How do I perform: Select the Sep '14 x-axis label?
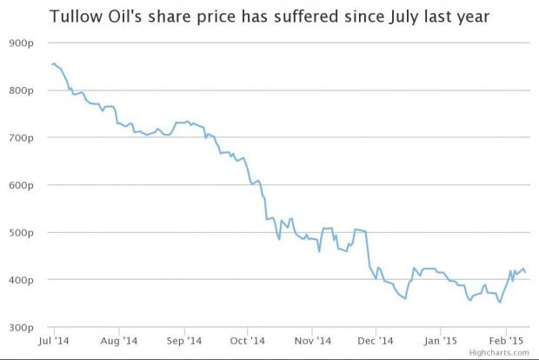(x=184, y=340)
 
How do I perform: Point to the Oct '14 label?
(x=248, y=340)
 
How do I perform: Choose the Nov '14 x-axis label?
(x=311, y=340)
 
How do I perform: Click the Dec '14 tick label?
(x=375, y=340)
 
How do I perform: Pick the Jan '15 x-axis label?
(x=440, y=340)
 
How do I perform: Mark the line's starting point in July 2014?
(x=52, y=63)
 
